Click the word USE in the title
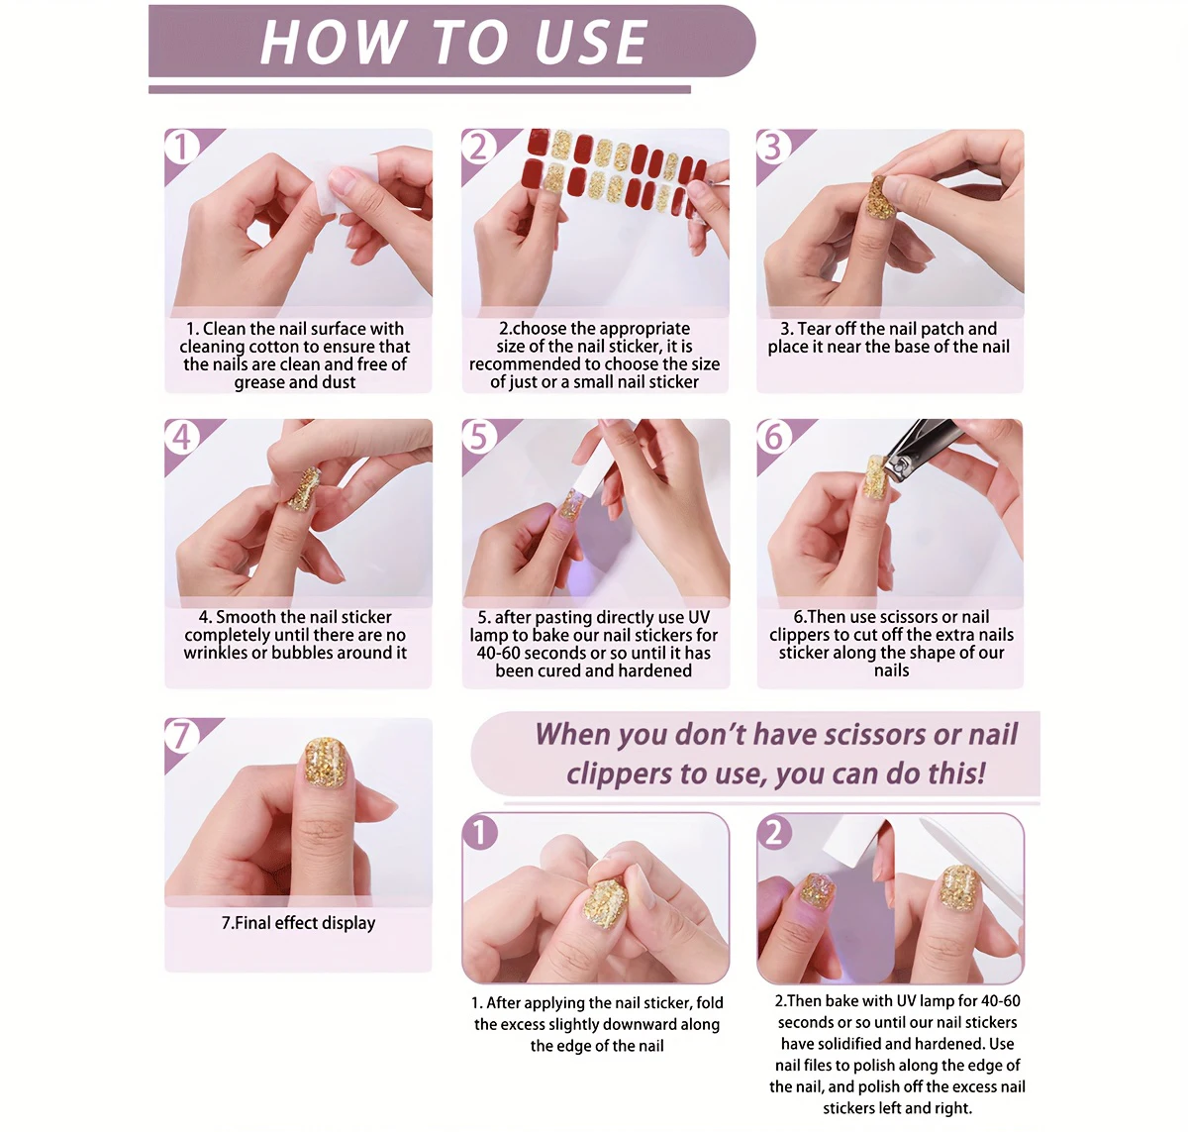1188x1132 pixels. [590, 42]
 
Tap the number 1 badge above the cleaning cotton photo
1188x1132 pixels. [181, 147]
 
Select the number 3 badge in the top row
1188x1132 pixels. [772, 147]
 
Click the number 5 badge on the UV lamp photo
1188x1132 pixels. [478, 437]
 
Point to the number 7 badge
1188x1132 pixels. [181, 736]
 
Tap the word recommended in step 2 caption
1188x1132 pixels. [523, 364]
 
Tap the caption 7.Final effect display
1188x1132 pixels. [298, 923]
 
